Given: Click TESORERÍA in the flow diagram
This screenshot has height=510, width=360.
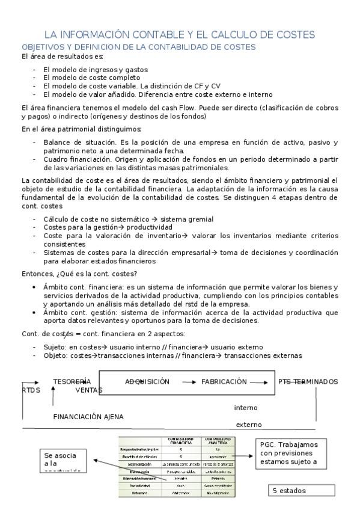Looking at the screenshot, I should (72, 382).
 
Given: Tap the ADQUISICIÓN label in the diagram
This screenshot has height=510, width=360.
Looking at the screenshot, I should (147, 382).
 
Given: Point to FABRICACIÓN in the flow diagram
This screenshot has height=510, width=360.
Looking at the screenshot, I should (224, 382).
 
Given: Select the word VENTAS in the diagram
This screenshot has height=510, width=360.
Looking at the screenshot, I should (89, 390).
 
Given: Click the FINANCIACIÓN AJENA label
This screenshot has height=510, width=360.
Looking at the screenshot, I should (88, 416).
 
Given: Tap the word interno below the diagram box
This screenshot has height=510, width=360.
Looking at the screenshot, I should (246, 408).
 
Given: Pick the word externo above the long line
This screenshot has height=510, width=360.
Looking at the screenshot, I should (249, 425).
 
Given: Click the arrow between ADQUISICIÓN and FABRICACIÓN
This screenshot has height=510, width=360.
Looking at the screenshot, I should (189, 382).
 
